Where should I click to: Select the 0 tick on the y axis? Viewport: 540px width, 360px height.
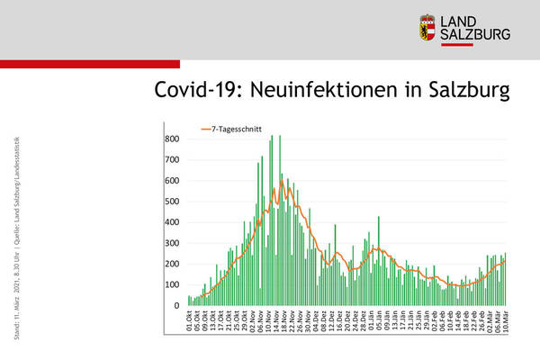(177, 306)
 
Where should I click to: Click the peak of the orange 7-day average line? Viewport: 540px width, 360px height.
(282, 181)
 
